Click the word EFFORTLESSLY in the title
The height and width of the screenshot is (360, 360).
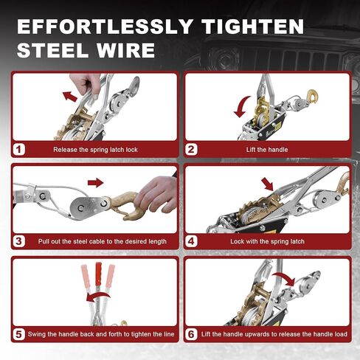(x=105, y=26)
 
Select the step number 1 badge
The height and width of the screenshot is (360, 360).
(x=19, y=150)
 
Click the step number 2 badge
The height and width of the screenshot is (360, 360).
(x=191, y=150)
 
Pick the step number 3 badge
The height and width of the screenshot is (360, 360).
(x=19, y=241)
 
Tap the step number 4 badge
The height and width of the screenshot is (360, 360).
(x=191, y=241)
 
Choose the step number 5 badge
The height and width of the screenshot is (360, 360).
(x=19, y=334)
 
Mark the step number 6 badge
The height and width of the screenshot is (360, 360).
(x=191, y=334)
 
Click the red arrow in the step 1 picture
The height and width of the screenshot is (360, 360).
(x=70, y=96)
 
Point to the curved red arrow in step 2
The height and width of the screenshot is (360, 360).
(x=241, y=107)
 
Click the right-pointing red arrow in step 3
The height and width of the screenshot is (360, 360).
(x=96, y=182)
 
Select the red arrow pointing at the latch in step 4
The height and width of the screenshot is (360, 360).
(x=267, y=184)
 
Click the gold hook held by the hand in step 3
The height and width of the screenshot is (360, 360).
(x=124, y=205)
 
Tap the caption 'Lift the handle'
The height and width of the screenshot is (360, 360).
(x=267, y=150)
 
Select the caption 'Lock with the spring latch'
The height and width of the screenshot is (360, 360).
(x=267, y=241)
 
